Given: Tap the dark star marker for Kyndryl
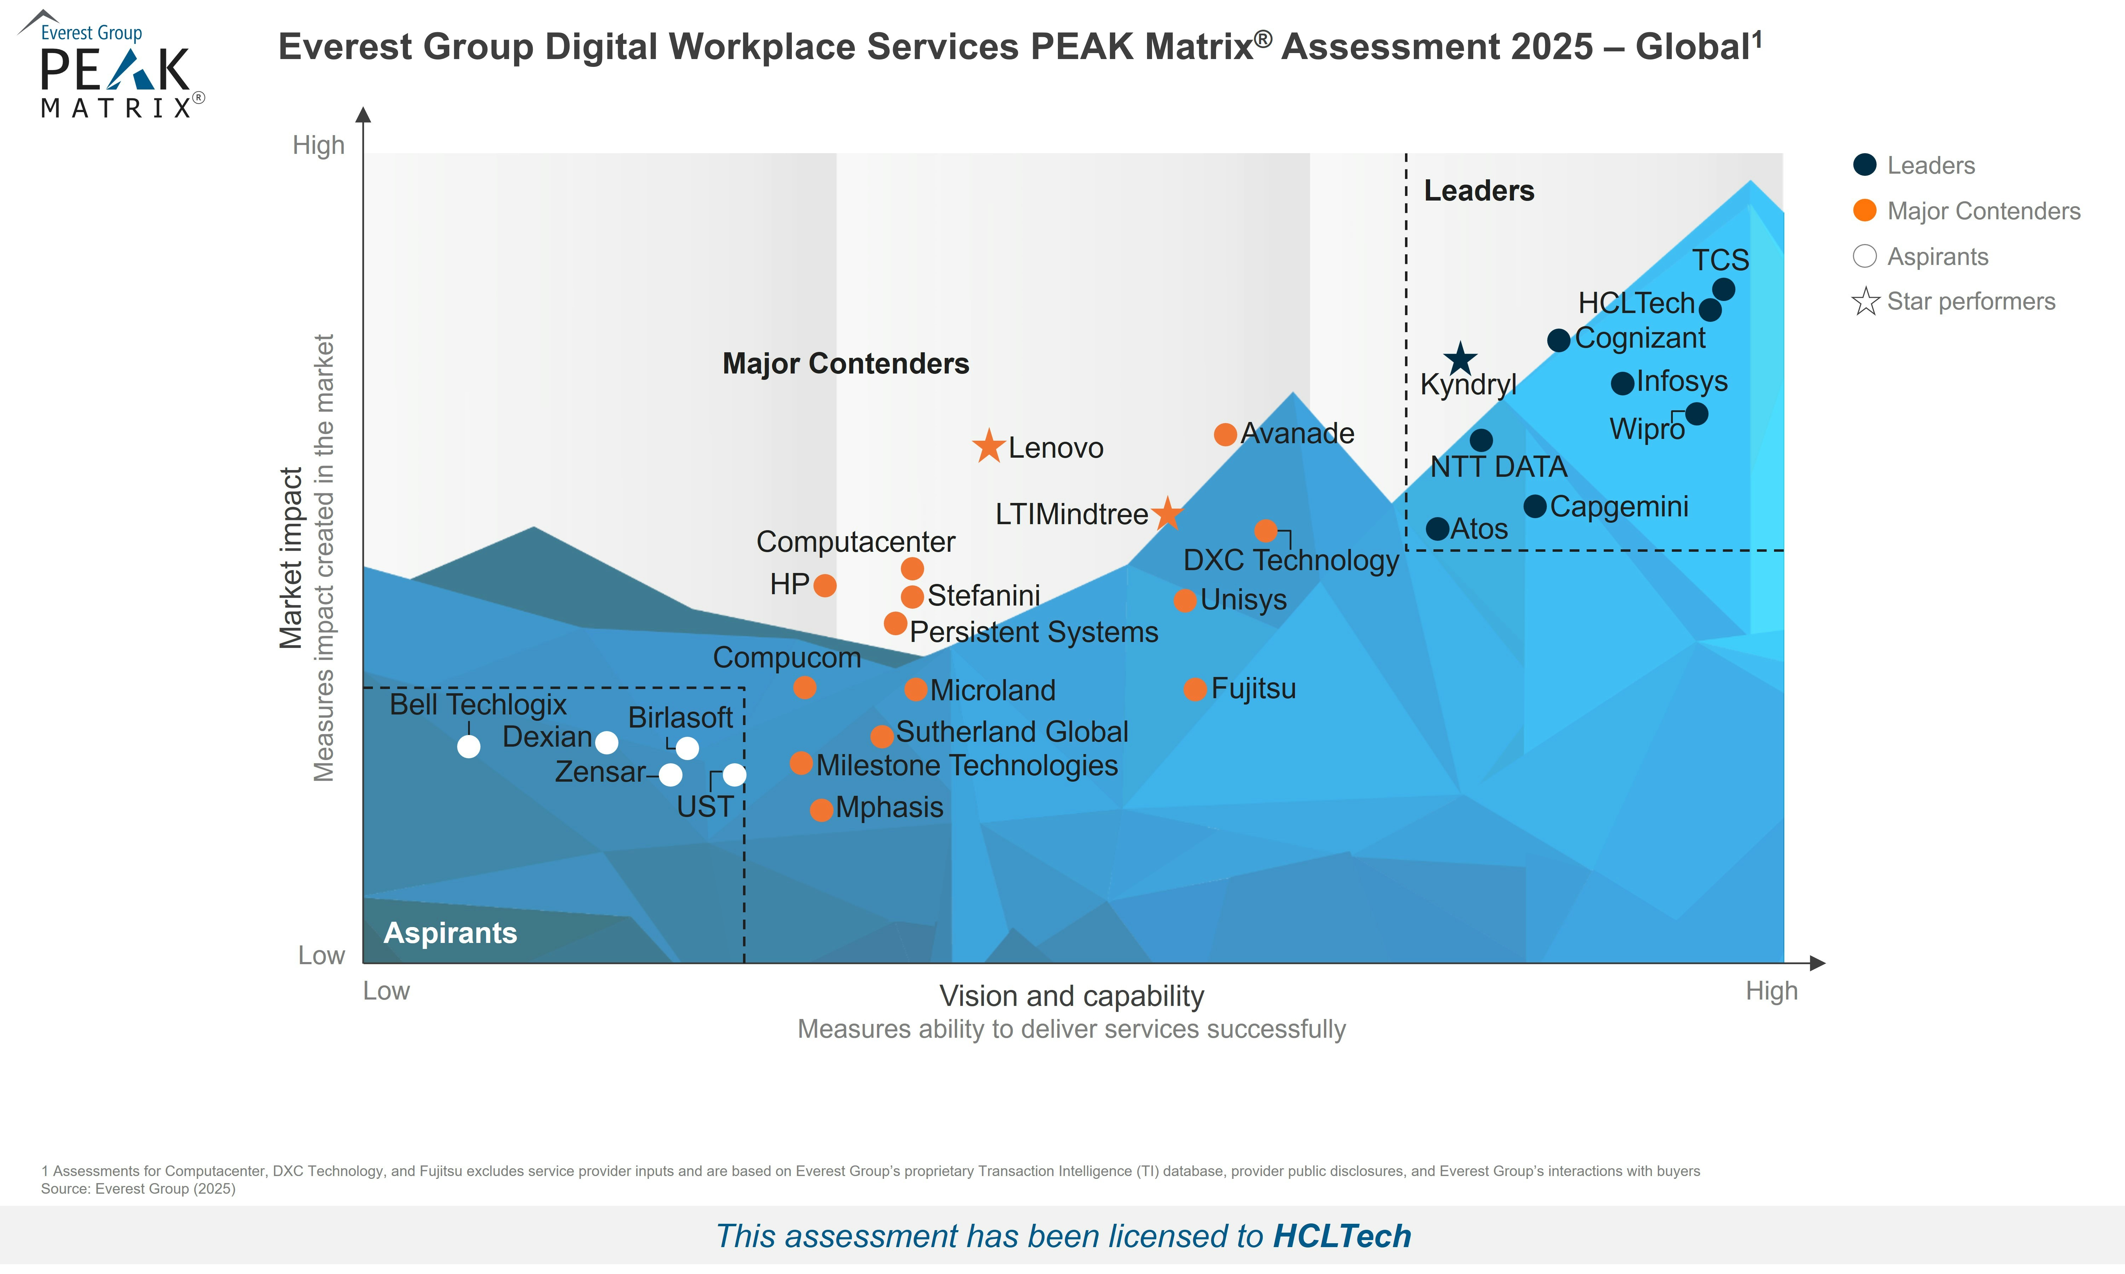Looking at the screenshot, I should point(1459,359).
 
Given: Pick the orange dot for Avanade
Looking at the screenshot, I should point(1225,434).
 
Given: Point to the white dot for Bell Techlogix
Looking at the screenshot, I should point(469,747).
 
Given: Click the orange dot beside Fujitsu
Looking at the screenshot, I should point(1195,689).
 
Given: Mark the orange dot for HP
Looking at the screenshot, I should point(824,585).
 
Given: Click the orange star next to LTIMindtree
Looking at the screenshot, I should point(1167,514).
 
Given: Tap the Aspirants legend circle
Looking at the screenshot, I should point(1865,256).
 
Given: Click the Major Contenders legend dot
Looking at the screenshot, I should point(1865,210).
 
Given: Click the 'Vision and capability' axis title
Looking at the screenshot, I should point(1071,996).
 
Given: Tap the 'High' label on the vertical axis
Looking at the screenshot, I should point(318,145).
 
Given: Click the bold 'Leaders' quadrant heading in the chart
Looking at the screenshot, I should point(1479,191).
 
